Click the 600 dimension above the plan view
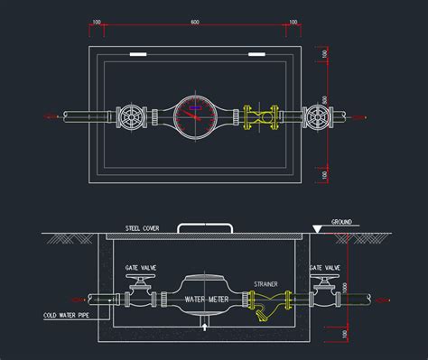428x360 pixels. click(x=195, y=20)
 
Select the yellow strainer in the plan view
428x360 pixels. click(x=259, y=116)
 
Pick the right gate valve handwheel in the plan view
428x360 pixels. click(x=317, y=116)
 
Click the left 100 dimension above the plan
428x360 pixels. click(x=97, y=20)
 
